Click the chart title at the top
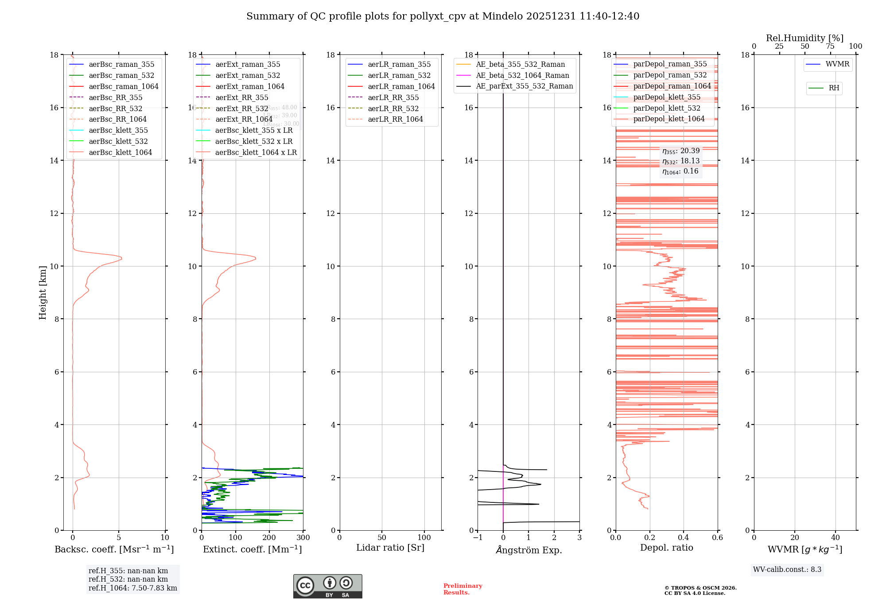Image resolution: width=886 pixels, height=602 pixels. pyautogui.click(x=443, y=16)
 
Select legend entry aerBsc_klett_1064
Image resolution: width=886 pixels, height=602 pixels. pyautogui.click(x=120, y=152)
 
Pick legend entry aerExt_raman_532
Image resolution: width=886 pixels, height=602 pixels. pyautogui.click(x=248, y=75)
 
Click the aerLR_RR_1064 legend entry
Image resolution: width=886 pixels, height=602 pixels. pyautogui.click(x=395, y=119)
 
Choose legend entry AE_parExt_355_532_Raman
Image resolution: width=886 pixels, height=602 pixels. pyautogui.click(x=524, y=86)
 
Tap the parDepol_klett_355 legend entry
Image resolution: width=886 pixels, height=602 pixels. pyautogui.click(x=667, y=97)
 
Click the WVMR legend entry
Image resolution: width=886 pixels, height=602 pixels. pyautogui.click(x=837, y=64)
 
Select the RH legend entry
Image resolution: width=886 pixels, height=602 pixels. pyautogui.click(x=834, y=88)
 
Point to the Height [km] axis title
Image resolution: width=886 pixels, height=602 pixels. pyautogui.click(x=43, y=292)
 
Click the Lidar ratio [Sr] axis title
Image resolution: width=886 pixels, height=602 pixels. pyautogui.click(x=390, y=548)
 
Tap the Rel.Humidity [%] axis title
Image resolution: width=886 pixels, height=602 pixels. pyautogui.click(x=804, y=38)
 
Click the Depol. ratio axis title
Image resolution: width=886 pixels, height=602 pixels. pyautogui.click(x=666, y=548)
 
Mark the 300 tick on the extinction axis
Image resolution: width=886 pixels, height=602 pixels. pyautogui.click(x=303, y=538)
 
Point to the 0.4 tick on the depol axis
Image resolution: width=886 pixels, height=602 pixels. pyautogui.click(x=684, y=538)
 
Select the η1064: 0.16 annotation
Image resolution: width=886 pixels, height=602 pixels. pyautogui.click(x=680, y=171)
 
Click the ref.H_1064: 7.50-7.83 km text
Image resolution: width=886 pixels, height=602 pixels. pyautogui.click(x=132, y=588)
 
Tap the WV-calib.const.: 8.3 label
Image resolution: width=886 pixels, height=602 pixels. pyautogui.click(x=787, y=569)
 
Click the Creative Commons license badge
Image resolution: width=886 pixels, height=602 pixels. pyautogui.click(x=327, y=586)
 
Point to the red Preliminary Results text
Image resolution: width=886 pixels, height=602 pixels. pyautogui.click(x=462, y=589)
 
